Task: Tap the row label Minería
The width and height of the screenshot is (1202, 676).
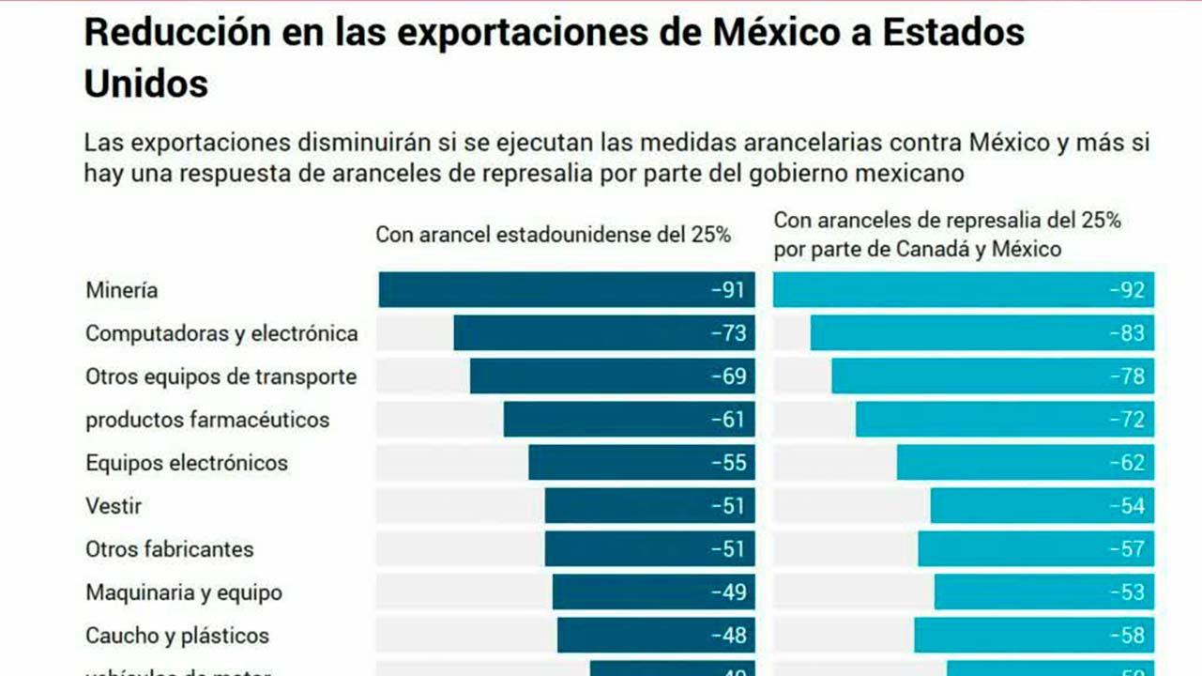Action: tap(122, 290)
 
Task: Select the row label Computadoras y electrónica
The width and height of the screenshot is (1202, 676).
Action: tap(221, 333)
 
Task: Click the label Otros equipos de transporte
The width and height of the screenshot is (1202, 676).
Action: tap(221, 376)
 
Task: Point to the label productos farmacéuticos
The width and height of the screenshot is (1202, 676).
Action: tap(207, 420)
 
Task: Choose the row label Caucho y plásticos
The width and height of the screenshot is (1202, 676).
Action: tap(177, 636)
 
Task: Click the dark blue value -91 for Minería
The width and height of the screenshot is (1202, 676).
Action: tap(728, 290)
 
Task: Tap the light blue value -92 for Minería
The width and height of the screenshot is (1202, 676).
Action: tap(1127, 290)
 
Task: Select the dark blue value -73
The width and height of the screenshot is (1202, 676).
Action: tap(728, 333)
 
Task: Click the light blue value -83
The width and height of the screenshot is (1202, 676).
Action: tap(1127, 333)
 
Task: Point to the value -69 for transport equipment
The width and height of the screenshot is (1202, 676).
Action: tap(728, 376)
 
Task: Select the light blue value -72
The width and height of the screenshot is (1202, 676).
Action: tap(1127, 420)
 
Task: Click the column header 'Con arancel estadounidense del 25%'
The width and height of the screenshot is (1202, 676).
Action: tap(553, 235)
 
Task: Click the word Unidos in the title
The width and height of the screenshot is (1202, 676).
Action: tap(145, 84)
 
